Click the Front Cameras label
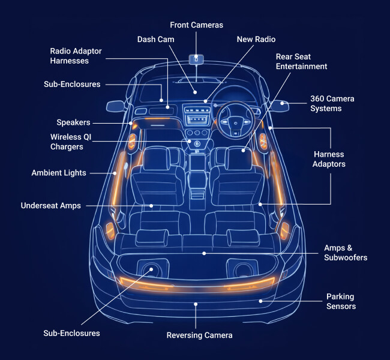pyautogui.click(x=196, y=25)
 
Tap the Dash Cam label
pyautogui.click(x=156, y=39)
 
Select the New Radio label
pyautogui.click(x=256, y=39)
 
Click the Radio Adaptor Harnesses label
pyautogui.click(x=76, y=56)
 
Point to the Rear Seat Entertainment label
pyautogui.click(x=301, y=61)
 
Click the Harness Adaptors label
pyautogui.click(x=329, y=159)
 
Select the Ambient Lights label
pyautogui.click(x=59, y=173)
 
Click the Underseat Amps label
pyautogui.click(x=50, y=205)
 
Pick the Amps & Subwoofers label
pyautogui.click(x=345, y=253)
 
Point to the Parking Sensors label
pyautogui.click(x=341, y=301)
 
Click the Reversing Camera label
pyautogui.click(x=199, y=335)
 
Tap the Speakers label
pyautogui.click(x=73, y=122)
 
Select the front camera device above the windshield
pyautogui.click(x=196, y=59)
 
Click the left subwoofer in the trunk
pyautogui.click(x=150, y=270)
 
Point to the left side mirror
pyautogui.click(x=115, y=107)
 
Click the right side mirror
pyautogui.click(x=279, y=106)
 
